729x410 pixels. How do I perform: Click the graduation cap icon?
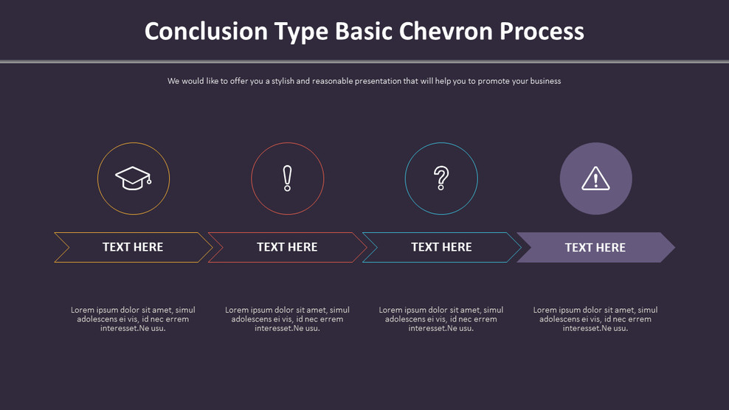coord(133,178)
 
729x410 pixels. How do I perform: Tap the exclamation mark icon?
coord(287,178)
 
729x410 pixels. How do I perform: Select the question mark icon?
coord(441,178)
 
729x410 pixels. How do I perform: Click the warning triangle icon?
coord(595,178)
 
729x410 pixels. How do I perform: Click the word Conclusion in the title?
coord(206,32)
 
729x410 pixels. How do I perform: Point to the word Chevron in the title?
coord(446,32)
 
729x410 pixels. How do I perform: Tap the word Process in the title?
coord(542,32)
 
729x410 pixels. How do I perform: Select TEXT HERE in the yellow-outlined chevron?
coord(133,247)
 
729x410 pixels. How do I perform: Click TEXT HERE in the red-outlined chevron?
coord(287,247)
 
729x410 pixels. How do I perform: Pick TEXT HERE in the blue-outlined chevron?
coord(441,247)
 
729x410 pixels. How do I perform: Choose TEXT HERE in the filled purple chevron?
coord(595,248)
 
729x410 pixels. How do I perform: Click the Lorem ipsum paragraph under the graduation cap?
coord(133,319)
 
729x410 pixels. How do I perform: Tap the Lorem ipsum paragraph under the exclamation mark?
coord(287,319)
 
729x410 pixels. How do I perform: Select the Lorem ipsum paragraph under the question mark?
coord(441,319)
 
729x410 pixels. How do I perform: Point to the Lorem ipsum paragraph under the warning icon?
coord(595,319)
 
